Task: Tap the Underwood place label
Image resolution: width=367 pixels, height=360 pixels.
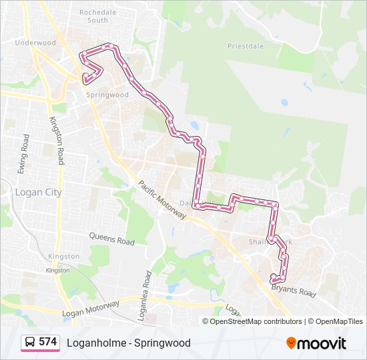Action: pos(36,43)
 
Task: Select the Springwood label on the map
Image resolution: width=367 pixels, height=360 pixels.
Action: pos(107,95)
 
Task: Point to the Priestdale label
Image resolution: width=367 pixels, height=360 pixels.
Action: pos(246,46)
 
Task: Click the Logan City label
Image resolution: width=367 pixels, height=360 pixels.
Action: pos(37,192)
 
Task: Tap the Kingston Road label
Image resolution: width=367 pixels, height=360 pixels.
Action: pos(57,140)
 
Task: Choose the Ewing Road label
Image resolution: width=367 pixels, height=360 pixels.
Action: pos(25,154)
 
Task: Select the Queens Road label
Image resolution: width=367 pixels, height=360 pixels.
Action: pos(112,238)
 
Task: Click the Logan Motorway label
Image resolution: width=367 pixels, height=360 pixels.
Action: pos(91,309)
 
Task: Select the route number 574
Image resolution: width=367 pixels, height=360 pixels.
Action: pos(48,342)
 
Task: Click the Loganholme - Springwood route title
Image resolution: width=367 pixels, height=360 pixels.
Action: pos(128,343)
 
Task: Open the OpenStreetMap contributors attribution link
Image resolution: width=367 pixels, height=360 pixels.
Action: pos(256,321)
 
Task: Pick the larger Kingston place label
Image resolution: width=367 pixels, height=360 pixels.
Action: pos(63,256)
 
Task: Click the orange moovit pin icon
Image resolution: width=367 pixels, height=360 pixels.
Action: pos(292,343)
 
